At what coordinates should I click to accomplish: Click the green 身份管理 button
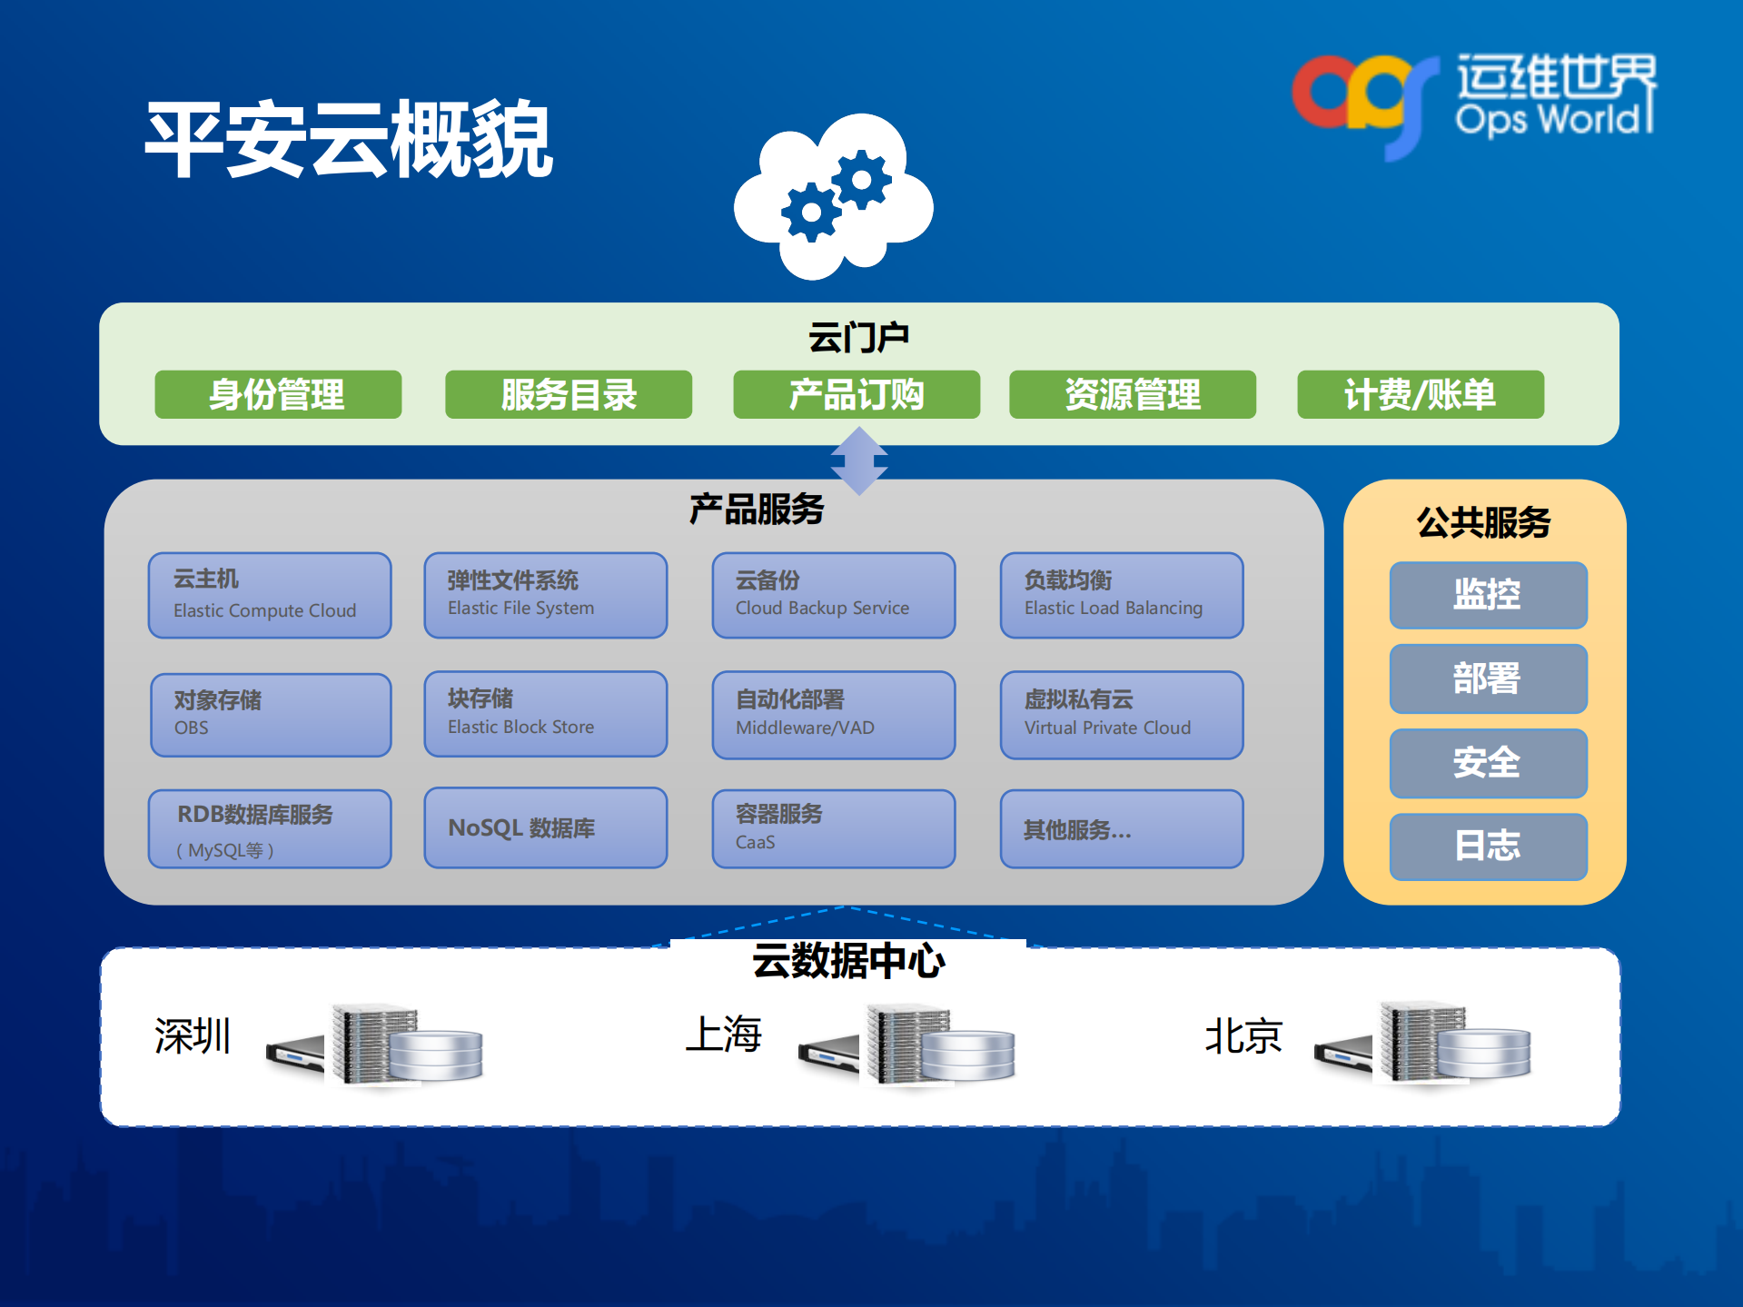pyautogui.click(x=278, y=394)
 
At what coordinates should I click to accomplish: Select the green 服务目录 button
pyautogui.click(x=569, y=394)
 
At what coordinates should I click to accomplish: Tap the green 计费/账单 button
pyautogui.click(x=1420, y=394)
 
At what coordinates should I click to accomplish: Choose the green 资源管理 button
pyautogui.click(x=1132, y=394)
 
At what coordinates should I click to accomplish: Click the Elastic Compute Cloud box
pyautogui.click(x=270, y=595)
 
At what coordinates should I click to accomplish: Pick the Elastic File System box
pyautogui.click(x=545, y=595)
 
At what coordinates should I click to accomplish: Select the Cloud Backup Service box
pyautogui.click(x=833, y=595)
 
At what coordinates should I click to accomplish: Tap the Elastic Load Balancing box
pyautogui.click(x=1121, y=595)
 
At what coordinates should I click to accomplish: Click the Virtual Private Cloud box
pyautogui.click(x=1121, y=714)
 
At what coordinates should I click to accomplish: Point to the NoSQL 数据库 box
pyautogui.click(x=545, y=827)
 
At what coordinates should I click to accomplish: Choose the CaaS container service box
pyautogui.click(x=833, y=827)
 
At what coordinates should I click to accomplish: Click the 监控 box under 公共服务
pyautogui.click(x=1488, y=595)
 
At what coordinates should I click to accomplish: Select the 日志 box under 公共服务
pyautogui.click(x=1488, y=846)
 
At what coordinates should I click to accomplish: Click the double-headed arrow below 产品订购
pyautogui.click(x=858, y=461)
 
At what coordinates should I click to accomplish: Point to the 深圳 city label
pyautogui.click(x=193, y=1035)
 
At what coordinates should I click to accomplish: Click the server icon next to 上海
pyautogui.click(x=908, y=1045)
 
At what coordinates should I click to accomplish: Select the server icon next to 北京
pyautogui.click(x=1423, y=1045)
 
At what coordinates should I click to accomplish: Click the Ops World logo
pyautogui.click(x=1471, y=100)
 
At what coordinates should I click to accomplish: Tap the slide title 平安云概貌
pyautogui.click(x=349, y=140)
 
